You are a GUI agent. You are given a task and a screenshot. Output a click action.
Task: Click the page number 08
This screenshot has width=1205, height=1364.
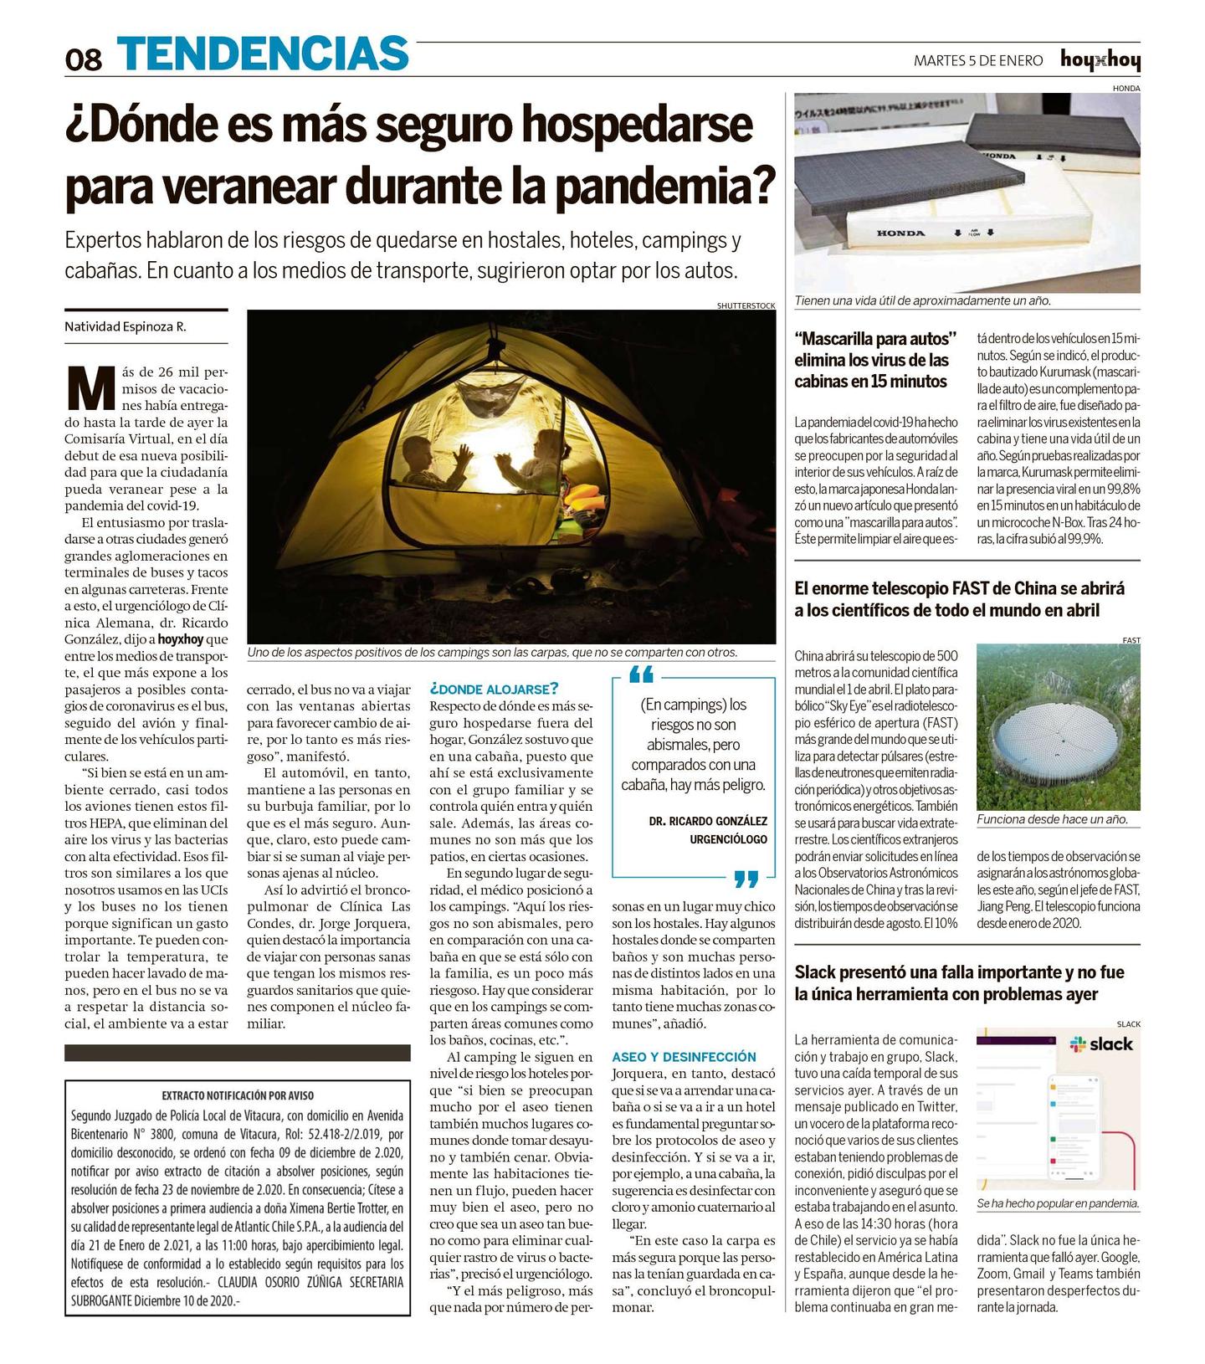tap(84, 59)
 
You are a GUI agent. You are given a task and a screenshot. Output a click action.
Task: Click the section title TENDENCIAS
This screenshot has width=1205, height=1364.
tap(263, 54)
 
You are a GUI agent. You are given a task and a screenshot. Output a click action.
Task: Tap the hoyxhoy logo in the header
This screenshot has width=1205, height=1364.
tap(1100, 60)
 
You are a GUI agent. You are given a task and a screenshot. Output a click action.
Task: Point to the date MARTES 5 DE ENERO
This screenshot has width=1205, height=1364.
tap(978, 60)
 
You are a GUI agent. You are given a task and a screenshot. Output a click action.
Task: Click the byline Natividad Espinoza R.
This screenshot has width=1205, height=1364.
tap(126, 326)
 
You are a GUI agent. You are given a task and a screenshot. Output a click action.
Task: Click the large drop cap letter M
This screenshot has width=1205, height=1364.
tap(90, 387)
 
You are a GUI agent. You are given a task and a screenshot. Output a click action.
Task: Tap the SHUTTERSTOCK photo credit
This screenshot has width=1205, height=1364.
tap(746, 305)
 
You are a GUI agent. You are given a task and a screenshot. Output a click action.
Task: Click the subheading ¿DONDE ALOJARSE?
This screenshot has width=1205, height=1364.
tap(493, 689)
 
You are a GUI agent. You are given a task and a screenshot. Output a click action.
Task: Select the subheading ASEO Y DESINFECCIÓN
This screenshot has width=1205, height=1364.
tap(684, 1057)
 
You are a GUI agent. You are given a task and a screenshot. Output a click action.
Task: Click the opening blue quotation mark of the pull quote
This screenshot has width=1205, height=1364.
tap(641, 674)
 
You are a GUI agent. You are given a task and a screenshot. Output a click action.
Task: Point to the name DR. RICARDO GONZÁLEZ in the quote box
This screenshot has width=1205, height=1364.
tap(707, 821)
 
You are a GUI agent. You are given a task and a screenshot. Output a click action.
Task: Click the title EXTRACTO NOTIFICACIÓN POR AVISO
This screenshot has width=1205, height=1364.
tap(238, 1095)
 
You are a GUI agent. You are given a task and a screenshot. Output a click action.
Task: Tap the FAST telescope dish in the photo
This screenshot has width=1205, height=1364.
tap(1058, 736)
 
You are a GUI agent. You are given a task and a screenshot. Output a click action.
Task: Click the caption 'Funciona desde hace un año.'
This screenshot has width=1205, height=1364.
tap(1052, 819)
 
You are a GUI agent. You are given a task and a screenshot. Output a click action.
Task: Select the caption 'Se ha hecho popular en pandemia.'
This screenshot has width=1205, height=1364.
tap(1058, 1202)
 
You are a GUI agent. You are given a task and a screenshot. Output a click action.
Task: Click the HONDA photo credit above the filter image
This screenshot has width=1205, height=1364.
tap(1126, 88)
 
